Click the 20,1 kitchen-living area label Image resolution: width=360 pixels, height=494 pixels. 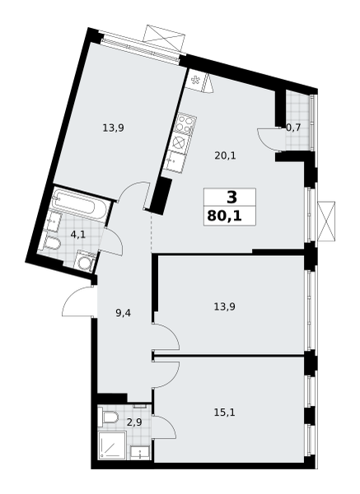[x=225, y=156]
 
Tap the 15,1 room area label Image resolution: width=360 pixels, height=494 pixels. [x=224, y=412]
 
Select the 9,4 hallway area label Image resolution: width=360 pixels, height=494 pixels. [x=124, y=313]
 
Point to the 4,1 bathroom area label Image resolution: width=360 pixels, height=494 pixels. [x=78, y=235]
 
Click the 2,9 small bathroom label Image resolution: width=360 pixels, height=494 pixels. [x=134, y=422]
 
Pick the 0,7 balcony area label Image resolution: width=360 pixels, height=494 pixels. [x=293, y=128]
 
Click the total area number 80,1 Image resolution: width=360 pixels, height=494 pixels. [x=224, y=217]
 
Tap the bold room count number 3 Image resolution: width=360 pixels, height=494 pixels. [x=231, y=198]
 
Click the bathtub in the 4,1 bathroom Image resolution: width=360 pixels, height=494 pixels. [x=82, y=204]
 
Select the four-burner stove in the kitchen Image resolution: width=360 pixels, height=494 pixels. [x=185, y=123]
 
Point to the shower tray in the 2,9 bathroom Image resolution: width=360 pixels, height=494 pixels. [x=112, y=446]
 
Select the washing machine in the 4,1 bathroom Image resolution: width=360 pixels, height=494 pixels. [x=85, y=261]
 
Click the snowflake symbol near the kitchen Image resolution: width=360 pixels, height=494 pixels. [x=195, y=80]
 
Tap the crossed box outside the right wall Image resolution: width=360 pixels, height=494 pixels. [x=326, y=221]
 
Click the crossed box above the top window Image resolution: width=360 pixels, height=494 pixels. [x=164, y=38]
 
